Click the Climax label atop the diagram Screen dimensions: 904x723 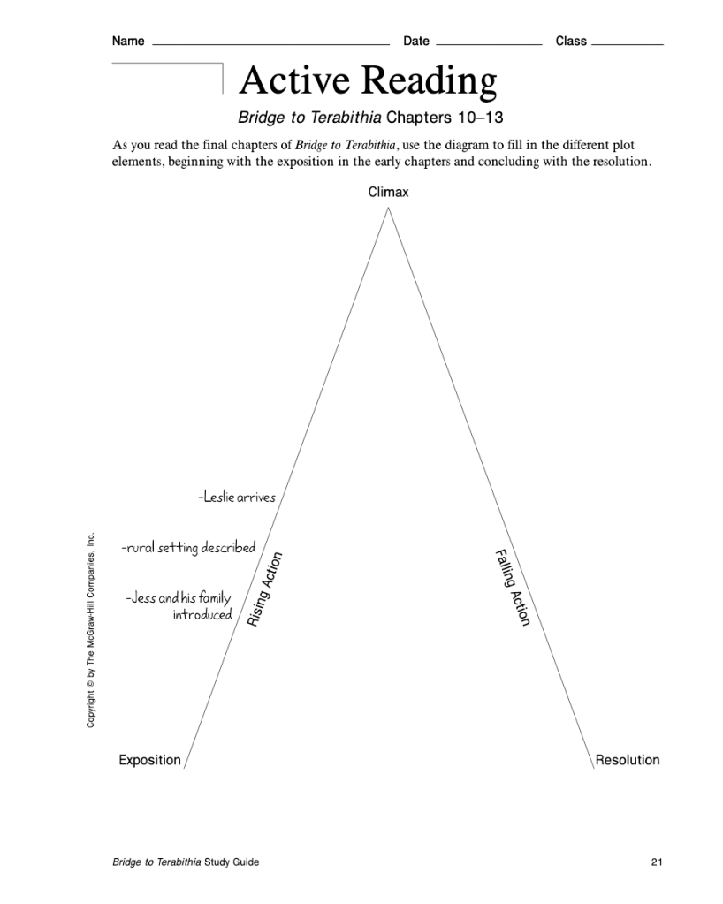click(x=388, y=193)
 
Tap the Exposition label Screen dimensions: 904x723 click(x=149, y=760)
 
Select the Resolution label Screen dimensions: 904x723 click(x=628, y=760)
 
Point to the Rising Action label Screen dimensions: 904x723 click(x=264, y=590)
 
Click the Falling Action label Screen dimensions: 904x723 click(x=512, y=588)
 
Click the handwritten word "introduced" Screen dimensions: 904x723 click(x=202, y=615)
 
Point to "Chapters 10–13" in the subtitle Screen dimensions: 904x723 click(x=445, y=118)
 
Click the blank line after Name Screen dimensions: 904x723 click(x=270, y=43)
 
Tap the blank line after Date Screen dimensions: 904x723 click(x=489, y=43)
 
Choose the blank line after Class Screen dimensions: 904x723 click(x=628, y=43)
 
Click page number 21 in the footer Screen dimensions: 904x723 click(x=656, y=862)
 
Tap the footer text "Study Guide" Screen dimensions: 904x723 click(x=232, y=862)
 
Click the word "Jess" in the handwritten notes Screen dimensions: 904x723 click(x=141, y=599)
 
